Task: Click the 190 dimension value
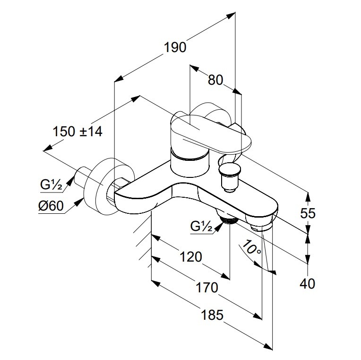pyautogui.click(x=175, y=47)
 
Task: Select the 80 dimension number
pyautogui.click(x=215, y=80)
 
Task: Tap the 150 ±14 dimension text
pyautogui.click(x=77, y=131)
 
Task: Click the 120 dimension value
pyautogui.click(x=191, y=257)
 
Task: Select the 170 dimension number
pyautogui.click(x=207, y=287)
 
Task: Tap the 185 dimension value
pyautogui.click(x=211, y=315)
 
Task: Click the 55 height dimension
pyautogui.click(x=308, y=213)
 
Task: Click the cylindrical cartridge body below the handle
pyautogui.click(x=189, y=163)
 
